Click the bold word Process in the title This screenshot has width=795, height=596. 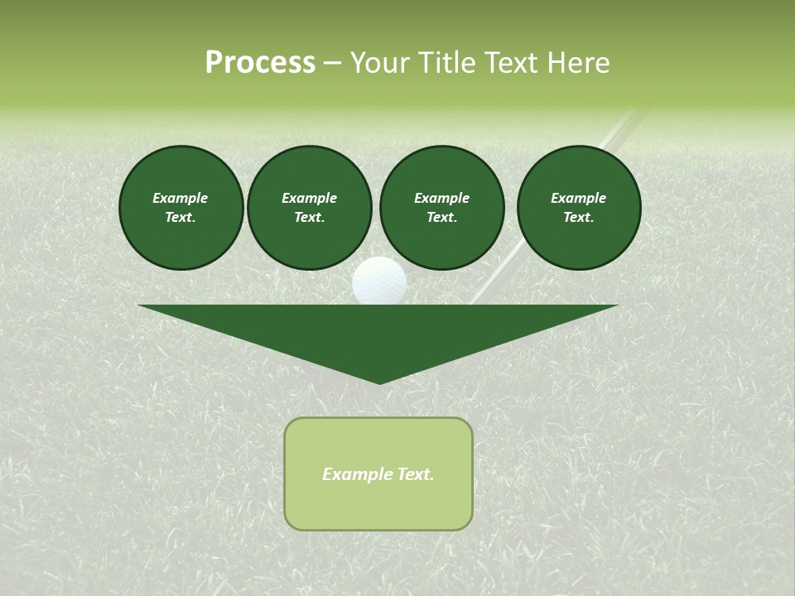[260, 63]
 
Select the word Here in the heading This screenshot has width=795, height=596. [577, 63]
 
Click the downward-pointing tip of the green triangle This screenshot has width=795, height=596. [379, 382]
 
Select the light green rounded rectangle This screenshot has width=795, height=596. [378, 505]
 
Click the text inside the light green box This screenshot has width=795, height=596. [378, 474]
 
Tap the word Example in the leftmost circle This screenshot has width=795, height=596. [181, 198]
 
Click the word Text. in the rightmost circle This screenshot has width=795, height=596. [579, 217]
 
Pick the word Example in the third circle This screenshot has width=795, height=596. [442, 198]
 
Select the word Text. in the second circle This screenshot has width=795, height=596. [310, 217]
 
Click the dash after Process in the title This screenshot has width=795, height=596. [332, 63]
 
